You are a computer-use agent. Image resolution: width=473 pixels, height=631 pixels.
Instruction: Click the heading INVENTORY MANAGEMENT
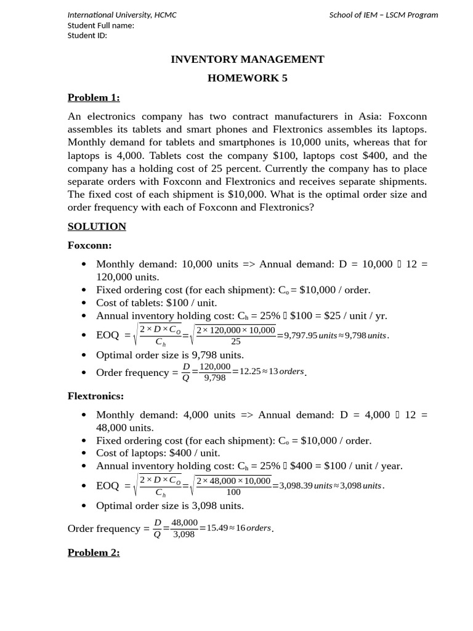(247, 59)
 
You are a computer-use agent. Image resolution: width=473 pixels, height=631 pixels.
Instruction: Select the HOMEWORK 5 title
(247, 78)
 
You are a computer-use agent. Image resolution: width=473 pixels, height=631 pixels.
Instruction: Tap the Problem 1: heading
(94, 97)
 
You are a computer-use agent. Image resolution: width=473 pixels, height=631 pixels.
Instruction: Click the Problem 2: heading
(94, 553)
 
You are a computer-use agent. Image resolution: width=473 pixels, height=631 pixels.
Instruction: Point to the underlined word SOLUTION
(97, 226)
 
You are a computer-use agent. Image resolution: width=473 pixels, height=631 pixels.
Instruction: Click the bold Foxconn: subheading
(89, 245)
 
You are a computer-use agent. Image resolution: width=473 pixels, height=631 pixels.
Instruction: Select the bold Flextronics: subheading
(95, 396)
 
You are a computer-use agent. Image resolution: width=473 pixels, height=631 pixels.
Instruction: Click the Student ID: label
(87, 35)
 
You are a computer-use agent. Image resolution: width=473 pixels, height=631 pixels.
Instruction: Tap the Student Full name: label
(100, 25)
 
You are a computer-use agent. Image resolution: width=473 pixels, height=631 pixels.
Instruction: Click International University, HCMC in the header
(122, 15)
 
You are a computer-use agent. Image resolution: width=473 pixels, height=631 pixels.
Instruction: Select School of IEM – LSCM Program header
(384, 15)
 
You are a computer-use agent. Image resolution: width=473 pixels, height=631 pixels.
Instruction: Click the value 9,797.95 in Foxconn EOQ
(301, 336)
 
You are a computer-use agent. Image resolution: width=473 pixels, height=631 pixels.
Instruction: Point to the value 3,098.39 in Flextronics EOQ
(296, 486)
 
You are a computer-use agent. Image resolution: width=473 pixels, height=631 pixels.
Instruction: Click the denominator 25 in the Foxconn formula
(235, 341)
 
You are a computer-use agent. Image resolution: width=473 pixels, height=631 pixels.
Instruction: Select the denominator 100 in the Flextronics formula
(233, 492)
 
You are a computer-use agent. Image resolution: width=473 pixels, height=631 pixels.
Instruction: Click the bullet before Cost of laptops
(84, 454)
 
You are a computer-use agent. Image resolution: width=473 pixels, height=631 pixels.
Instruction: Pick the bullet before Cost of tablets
(84, 303)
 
